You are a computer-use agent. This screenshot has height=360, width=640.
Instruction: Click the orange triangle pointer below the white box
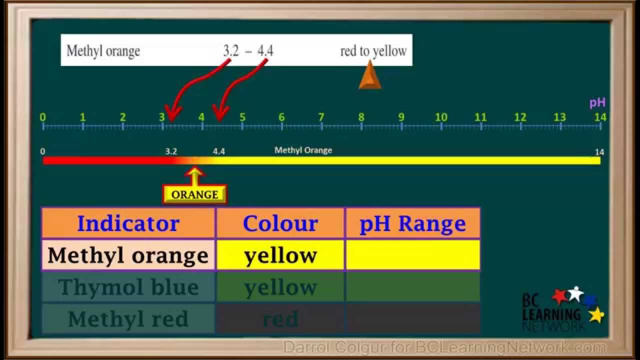coord(370,76)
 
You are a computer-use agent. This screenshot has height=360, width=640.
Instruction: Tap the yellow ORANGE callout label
coord(194,194)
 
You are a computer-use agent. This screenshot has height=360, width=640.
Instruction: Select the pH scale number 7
coord(321,118)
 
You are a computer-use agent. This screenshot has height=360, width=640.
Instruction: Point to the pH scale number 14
coord(600,117)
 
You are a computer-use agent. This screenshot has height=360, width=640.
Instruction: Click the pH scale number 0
coord(43,118)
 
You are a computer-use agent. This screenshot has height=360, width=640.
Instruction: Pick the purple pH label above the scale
coord(597,103)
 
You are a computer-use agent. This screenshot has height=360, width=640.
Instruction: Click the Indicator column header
coord(128,223)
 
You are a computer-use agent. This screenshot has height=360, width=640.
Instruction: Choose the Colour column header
coord(280,223)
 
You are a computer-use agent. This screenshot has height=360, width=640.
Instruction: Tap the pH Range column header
coord(412,223)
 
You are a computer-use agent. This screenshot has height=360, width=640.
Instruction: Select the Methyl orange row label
coord(128,255)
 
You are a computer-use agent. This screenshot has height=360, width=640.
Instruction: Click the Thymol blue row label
coord(128,287)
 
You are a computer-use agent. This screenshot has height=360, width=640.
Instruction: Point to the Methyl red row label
coord(128,318)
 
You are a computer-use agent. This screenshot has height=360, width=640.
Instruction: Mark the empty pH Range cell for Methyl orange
coord(412,255)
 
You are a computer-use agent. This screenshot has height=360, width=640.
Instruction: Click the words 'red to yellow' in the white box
coord(373,50)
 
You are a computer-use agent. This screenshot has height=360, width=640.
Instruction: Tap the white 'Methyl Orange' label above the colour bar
coord(303,150)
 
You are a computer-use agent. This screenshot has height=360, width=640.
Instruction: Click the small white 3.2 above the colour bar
coord(171,151)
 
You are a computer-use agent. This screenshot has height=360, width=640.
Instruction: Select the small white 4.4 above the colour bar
coord(219,151)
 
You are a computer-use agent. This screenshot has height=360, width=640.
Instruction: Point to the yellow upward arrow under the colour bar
coord(194,175)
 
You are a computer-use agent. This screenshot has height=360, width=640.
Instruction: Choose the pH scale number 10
coord(441,118)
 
